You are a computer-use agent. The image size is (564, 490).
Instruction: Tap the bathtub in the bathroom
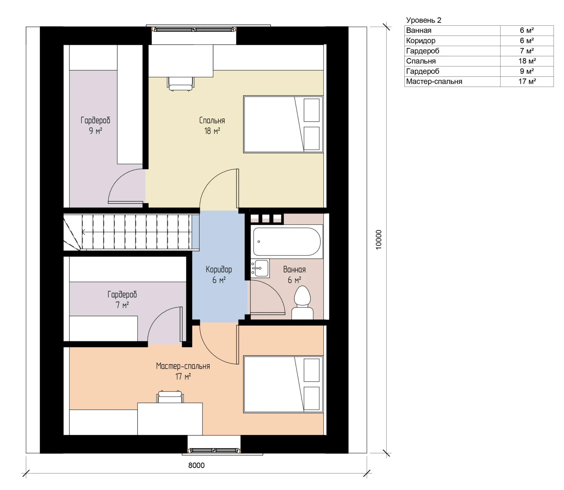click(x=287, y=241)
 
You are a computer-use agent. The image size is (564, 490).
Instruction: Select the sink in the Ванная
click(x=260, y=268)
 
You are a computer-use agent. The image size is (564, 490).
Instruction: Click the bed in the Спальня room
click(x=283, y=124)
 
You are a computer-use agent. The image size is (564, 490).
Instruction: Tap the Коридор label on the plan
click(x=219, y=269)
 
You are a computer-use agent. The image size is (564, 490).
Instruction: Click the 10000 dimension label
click(x=379, y=240)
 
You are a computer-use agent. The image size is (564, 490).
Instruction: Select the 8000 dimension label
click(x=196, y=465)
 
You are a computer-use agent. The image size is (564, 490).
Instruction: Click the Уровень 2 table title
click(x=424, y=20)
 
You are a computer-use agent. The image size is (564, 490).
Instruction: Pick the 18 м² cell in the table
click(x=527, y=61)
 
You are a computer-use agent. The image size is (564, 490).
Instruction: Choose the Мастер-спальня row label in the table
click(x=434, y=82)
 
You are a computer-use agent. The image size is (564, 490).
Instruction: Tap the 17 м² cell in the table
click(x=527, y=82)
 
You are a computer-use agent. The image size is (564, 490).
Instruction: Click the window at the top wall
click(x=194, y=30)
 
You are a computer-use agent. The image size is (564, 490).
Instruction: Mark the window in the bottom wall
click(x=214, y=450)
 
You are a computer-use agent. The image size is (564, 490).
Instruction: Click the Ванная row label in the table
click(x=419, y=30)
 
